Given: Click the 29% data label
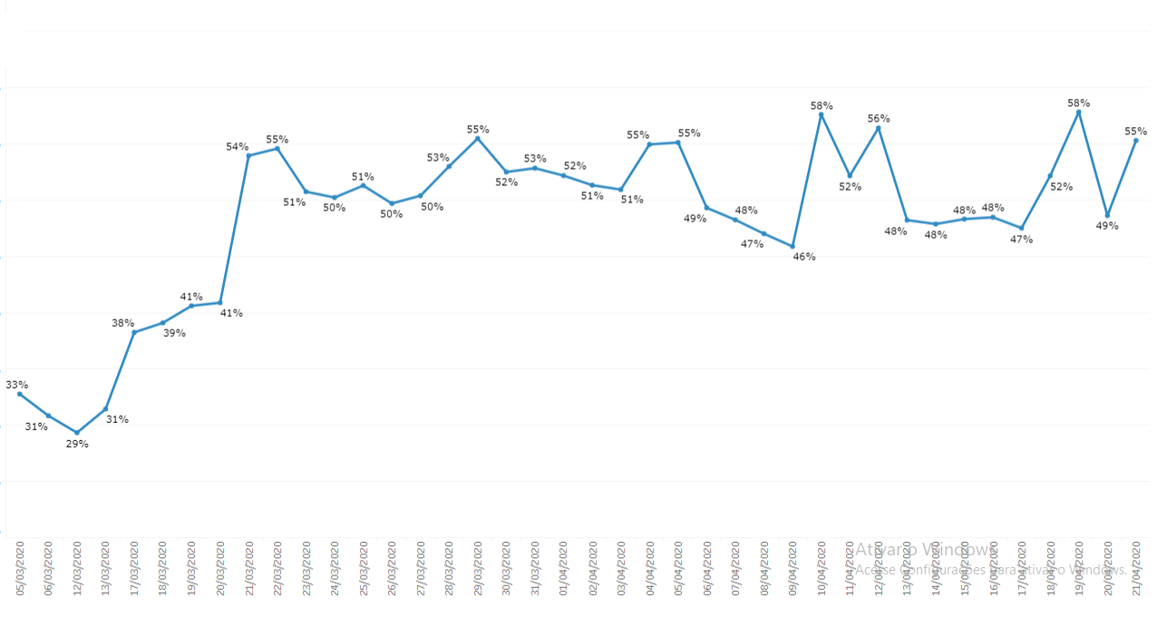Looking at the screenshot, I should click(x=77, y=444).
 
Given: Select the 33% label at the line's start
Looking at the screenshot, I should click(x=17, y=385).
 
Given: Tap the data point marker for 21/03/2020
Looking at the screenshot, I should click(x=248, y=156).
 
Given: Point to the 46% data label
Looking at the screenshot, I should click(x=804, y=257).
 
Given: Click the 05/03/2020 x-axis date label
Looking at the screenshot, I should click(x=20, y=569).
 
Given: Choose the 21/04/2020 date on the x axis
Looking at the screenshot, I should click(x=1136, y=569).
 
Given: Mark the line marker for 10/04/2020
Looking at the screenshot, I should click(x=822, y=115).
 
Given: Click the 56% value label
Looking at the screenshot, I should click(x=879, y=119).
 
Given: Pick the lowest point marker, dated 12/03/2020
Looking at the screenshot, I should click(x=77, y=433).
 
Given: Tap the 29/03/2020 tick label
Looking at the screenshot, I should click(x=478, y=569).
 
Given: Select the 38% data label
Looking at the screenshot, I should click(x=122, y=323).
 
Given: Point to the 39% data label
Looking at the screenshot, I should click(x=174, y=333).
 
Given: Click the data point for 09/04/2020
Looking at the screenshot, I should click(x=792, y=247).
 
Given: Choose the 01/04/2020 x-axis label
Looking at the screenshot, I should click(x=564, y=569).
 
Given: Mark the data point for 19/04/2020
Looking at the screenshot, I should click(x=1079, y=112).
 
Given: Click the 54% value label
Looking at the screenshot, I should click(x=237, y=147).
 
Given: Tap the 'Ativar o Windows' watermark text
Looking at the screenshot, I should click(x=925, y=550).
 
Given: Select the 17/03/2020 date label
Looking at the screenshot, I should click(x=134, y=569).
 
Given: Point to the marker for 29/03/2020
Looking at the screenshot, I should click(x=478, y=138).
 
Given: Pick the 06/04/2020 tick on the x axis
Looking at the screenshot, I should click(x=707, y=569).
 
